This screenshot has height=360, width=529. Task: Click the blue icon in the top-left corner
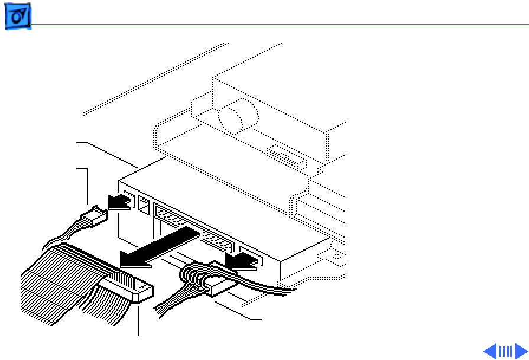tap(18, 19)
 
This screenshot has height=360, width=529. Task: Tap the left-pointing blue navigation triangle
tap(490, 351)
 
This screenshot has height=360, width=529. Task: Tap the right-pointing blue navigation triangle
tap(521, 351)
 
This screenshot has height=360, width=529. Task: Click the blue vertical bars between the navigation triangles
tap(505, 351)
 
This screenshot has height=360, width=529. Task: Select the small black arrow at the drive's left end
tap(120, 202)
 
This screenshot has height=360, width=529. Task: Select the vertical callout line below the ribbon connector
tap(138, 319)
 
